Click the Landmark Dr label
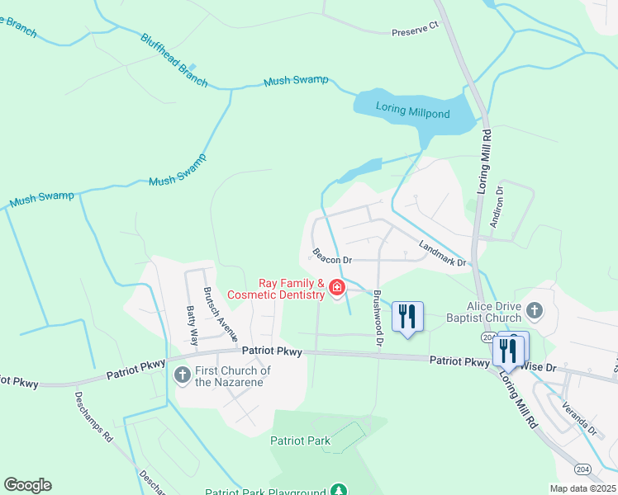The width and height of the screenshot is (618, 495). pyautogui.click(x=443, y=252)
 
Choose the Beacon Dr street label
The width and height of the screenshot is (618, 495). pyautogui.click(x=332, y=256)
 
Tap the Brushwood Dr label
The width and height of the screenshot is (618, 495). pyautogui.click(x=377, y=316)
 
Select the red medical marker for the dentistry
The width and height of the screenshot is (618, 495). pyautogui.click(x=337, y=288)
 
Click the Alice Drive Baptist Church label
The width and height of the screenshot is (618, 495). pyautogui.click(x=480, y=311)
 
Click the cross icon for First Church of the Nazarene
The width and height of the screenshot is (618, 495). pyautogui.click(x=183, y=376)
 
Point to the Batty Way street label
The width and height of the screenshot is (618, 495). pyautogui.click(x=192, y=324)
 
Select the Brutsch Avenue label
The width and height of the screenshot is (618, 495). pyautogui.click(x=221, y=314)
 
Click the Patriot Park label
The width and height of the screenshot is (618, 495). pyautogui.click(x=300, y=441)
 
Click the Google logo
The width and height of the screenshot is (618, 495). pyautogui.click(x=27, y=485)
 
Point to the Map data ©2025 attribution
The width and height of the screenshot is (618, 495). pyautogui.click(x=582, y=488)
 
